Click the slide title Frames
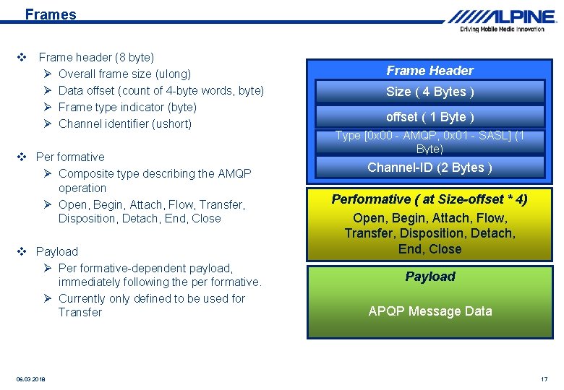[x=50, y=14]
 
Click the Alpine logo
[x=501, y=16]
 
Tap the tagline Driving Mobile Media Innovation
[x=502, y=30]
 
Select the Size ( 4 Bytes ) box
[x=430, y=92]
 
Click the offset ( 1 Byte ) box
[x=430, y=117]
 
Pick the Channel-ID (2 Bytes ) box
[x=430, y=168]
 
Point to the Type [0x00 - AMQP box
[x=430, y=142]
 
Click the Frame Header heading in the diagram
[x=430, y=70]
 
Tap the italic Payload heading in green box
[x=430, y=277]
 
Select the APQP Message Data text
[x=430, y=311]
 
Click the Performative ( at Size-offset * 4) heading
[x=430, y=199]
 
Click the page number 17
[x=544, y=379]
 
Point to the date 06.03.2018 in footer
[x=30, y=379]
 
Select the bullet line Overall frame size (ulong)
[x=124, y=74]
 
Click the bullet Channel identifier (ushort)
[x=124, y=123]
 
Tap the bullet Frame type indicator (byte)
[x=127, y=107]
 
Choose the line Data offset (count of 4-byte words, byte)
[x=161, y=90]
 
